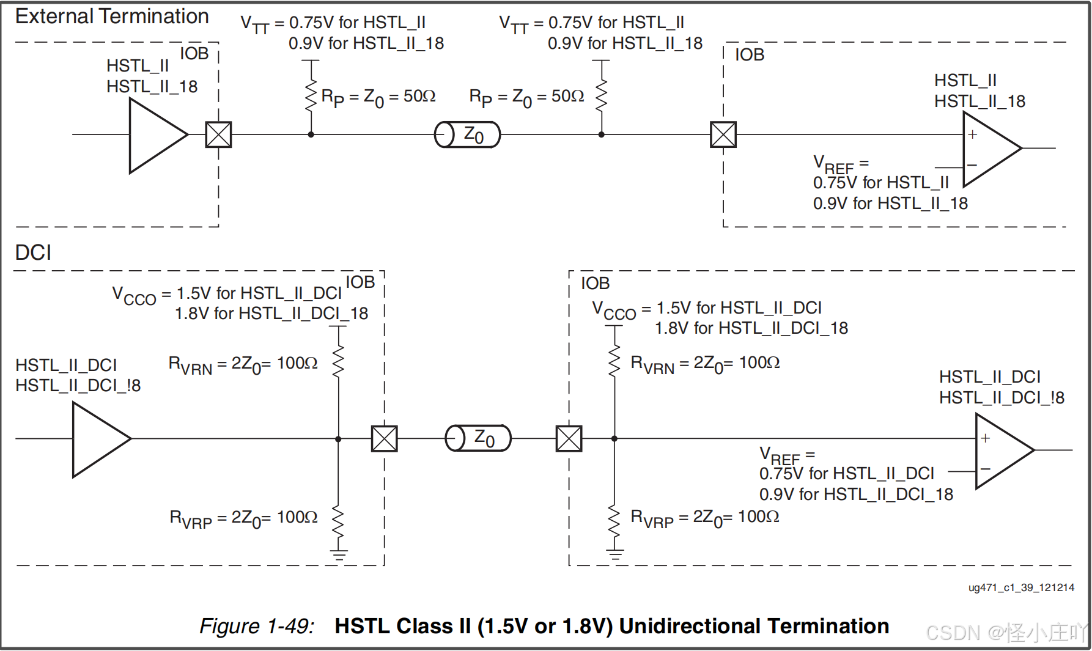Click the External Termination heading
pyautogui.click(x=112, y=17)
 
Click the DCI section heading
pyautogui.click(x=33, y=252)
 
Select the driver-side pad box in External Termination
pyautogui.click(x=218, y=134)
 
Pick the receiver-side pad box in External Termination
pyautogui.click(x=723, y=134)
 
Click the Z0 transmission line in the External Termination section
pyautogui.click(x=468, y=134)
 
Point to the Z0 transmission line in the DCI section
pyautogui.click(x=478, y=438)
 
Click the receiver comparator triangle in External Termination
pyautogui.click(x=987, y=149)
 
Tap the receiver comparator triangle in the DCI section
pyautogui.click(x=1000, y=451)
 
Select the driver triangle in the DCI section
pyautogui.click(x=98, y=439)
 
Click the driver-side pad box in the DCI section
pyautogui.click(x=385, y=439)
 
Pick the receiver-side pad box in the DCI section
pyautogui.click(x=569, y=438)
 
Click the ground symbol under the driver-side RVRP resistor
pyautogui.click(x=339, y=555)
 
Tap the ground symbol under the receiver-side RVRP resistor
pyautogui.click(x=615, y=555)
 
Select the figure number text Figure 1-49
pyautogui.click(x=257, y=626)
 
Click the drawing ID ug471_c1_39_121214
pyautogui.click(x=1021, y=587)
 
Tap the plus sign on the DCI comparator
pyautogui.click(x=986, y=438)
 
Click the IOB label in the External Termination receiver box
pyautogui.click(x=750, y=55)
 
